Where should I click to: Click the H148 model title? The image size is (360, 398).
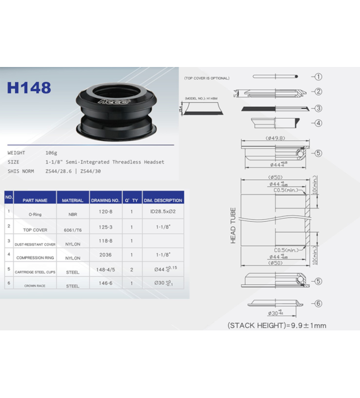(x=29, y=87)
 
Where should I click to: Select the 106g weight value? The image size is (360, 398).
(x=51, y=153)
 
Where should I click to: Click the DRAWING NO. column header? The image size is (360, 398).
(x=105, y=200)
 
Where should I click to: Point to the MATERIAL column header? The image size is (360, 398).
(x=73, y=200)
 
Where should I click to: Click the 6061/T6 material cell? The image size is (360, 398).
(x=73, y=230)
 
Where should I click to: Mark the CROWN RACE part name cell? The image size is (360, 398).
(x=35, y=286)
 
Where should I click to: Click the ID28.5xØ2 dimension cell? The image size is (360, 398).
(x=162, y=212)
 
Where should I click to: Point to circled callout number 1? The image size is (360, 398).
(x=318, y=77)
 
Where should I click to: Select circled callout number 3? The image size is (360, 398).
(x=318, y=109)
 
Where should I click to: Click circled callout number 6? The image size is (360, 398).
(x=318, y=304)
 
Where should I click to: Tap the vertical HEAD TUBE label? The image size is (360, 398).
(x=233, y=226)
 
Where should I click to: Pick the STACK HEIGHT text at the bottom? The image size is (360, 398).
(x=277, y=325)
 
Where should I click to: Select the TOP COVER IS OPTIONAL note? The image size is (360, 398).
(x=207, y=78)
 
